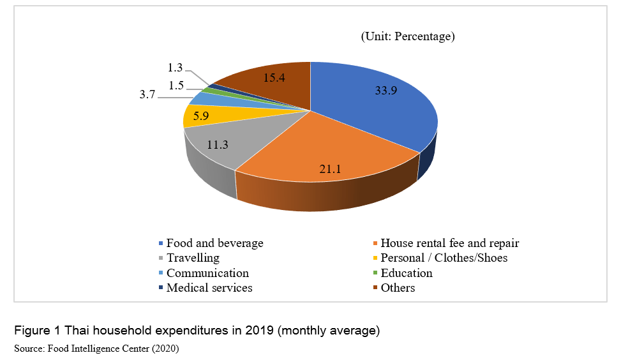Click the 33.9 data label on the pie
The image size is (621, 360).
pyautogui.click(x=386, y=91)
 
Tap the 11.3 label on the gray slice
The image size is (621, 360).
pyautogui.click(x=218, y=145)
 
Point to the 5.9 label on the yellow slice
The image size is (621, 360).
pyautogui.click(x=200, y=117)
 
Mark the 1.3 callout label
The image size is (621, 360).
pyautogui.click(x=176, y=68)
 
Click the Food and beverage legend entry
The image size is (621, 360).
pyautogui.click(x=214, y=243)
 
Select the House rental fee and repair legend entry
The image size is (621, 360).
pyautogui.click(x=449, y=243)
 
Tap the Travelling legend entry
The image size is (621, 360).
pyautogui.click(x=193, y=258)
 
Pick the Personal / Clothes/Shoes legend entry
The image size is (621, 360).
pyautogui.click(x=444, y=258)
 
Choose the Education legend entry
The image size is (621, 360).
pyautogui.click(x=406, y=273)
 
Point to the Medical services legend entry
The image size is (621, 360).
pyautogui.click(x=209, y=288)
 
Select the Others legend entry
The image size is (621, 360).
pyautogui.click(x=398, y=288)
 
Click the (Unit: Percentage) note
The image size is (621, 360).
pyautogui.click(x=408, y=36)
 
